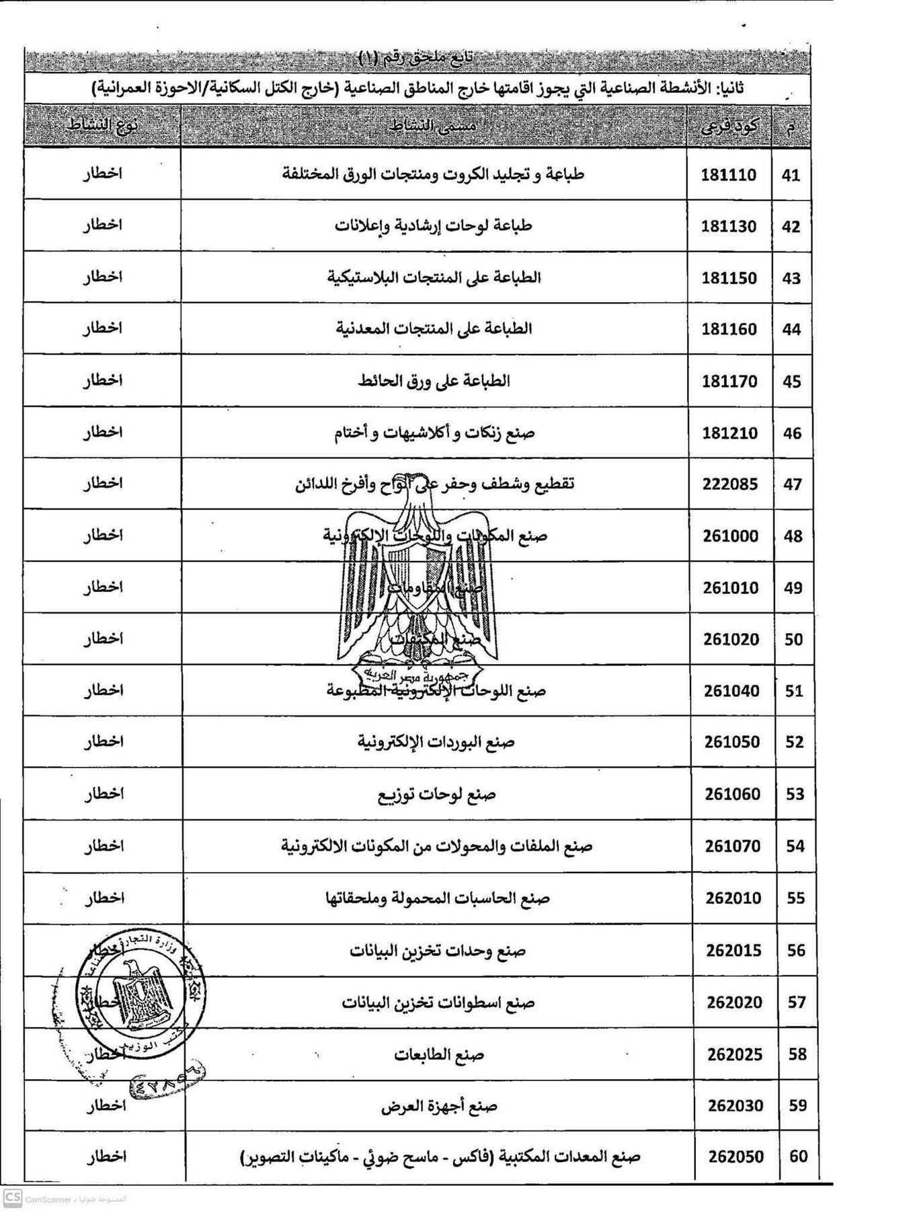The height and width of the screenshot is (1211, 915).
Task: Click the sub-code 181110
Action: [x=728, y=175]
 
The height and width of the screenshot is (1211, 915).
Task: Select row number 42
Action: [x=791, y=227]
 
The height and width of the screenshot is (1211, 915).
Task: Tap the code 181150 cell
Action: [x=729, y=278]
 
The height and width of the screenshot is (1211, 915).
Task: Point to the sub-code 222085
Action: [x=729, y=484]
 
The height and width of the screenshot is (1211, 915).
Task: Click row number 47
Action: [x=792, y=484]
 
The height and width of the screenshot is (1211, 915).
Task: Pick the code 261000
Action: [x=730, y=536]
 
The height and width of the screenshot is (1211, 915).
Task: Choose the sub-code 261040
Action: [x=731, y=691]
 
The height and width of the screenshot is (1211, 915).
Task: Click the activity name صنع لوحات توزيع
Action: [x=437, y=795]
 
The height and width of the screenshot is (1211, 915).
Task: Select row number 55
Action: [x=795, y=898]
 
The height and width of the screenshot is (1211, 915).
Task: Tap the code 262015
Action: [x=733, y=951]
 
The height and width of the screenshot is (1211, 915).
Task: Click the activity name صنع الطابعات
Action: [x=439, y=1054]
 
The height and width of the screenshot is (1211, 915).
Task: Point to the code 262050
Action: [x=735, y=1157]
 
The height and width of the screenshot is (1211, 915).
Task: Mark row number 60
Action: [x=797, y=1157]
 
